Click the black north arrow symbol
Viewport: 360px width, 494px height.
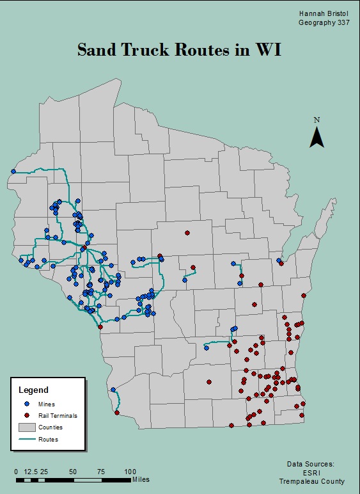(317, 137)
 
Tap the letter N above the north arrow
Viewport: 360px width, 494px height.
(317, 120)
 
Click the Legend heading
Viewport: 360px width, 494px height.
(33, 390)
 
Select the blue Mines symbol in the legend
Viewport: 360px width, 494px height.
(26, 404)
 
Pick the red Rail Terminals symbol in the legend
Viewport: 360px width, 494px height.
(26, 415)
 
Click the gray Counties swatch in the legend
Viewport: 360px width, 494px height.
(26, 427)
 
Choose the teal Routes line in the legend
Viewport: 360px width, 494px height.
(26, 439)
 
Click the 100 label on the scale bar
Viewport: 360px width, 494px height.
(130, 472)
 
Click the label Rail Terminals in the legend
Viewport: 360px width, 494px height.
(58, 415)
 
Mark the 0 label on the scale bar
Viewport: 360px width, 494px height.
(16, 472)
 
